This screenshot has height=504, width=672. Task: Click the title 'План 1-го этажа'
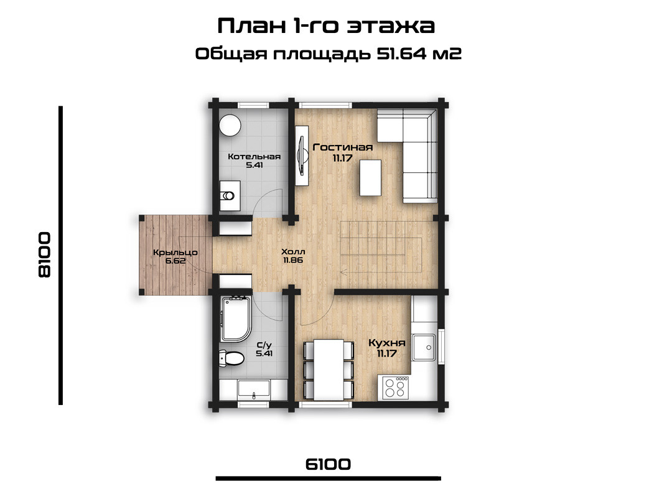[x=326, y=26]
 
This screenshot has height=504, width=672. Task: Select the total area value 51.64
[x=402, y=54]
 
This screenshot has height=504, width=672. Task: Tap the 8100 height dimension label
[x=45, y=255]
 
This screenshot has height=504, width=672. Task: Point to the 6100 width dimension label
[x=328, y=464]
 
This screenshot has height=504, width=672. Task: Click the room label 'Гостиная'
[x=343, y=147]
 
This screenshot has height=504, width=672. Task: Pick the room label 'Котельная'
[x=254, y=156]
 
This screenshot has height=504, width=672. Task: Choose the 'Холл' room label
[x=293, y=251]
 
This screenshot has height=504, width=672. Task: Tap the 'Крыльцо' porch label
[x=175, y=253]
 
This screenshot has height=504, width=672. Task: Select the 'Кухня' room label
[x=387, y=343]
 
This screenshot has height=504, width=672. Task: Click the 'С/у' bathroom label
[x=264, y=345]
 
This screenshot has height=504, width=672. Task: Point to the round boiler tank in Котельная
[x=230, y=125]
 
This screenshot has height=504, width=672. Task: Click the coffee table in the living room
[x=371, y=177]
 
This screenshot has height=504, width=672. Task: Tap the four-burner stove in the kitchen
[x=394, y=388]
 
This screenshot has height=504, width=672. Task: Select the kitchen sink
[x=424, y=347]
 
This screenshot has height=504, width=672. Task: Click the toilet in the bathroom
[x=231, y=358]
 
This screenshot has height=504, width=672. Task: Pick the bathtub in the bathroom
[x=235, y=319]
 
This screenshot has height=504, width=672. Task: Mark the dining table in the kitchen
[x=329, y=369]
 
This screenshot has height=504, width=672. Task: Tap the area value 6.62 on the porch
[x=175, y=260]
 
